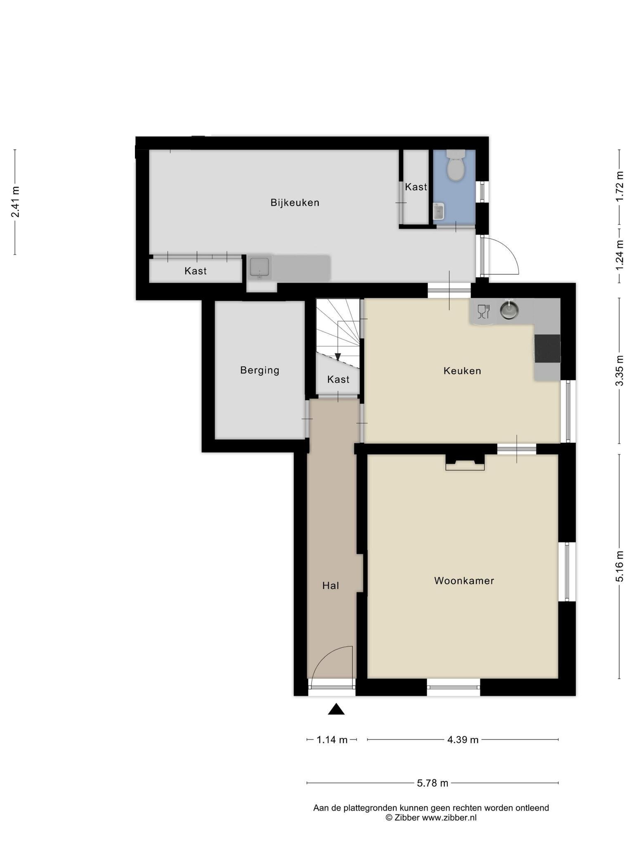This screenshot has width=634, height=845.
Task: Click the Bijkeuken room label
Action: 295,203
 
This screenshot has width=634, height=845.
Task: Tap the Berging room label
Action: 260,370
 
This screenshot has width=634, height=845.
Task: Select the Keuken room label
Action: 462,371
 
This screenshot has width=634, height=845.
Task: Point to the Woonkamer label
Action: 464,581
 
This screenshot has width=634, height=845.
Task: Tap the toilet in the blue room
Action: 456,165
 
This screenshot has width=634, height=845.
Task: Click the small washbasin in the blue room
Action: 438,211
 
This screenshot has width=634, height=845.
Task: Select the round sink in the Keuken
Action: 509,310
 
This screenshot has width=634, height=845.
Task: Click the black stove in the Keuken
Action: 547,349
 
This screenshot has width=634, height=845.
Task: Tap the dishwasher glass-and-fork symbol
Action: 483,312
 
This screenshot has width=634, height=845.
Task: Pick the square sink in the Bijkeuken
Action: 259,267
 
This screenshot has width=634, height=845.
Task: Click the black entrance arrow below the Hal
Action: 336,709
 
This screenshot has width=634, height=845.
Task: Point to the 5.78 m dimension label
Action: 432,783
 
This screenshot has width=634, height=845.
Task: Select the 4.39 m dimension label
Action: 463,740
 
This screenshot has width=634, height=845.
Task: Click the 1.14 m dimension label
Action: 332,740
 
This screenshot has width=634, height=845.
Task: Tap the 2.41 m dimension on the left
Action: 15,202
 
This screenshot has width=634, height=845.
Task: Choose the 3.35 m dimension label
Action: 619,371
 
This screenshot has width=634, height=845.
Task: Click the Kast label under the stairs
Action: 338,379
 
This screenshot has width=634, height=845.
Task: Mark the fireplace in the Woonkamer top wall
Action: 465,462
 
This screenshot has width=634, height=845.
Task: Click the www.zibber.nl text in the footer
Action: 449,817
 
